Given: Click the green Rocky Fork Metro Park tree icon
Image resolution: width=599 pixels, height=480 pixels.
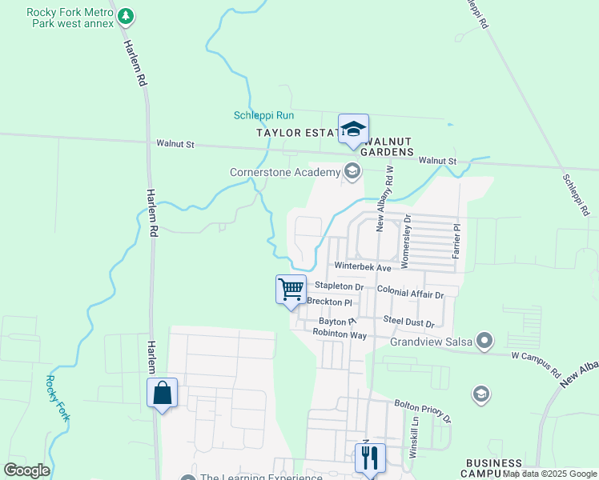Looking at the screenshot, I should (126, 16).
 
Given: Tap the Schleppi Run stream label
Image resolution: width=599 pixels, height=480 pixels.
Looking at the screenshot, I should (260, 115).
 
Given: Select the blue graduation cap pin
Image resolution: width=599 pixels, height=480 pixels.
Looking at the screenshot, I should (353, 129).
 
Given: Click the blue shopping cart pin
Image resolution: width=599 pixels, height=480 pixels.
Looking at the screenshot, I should (291, 289).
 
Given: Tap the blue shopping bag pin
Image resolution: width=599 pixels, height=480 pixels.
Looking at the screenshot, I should (162, 393).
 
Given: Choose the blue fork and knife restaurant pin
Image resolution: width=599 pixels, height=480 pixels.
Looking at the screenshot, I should (370, 458).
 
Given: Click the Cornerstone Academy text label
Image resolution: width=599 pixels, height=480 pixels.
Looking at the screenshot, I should (284, 171).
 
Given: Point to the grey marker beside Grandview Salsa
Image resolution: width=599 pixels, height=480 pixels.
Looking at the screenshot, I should (484, 342).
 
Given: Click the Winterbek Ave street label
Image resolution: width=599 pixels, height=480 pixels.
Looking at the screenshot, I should (363, 266).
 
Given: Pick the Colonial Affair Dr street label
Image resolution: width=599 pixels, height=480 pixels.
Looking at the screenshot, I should (409, 294).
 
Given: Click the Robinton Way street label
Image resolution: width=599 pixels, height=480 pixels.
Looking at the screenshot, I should (339, 333).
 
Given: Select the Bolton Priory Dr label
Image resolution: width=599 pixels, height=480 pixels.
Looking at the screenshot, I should (422, 411).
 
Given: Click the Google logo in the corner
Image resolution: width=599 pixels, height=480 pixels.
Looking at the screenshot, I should (26, 470).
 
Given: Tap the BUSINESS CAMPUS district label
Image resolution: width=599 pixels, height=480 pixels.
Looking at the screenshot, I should (494, 468).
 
